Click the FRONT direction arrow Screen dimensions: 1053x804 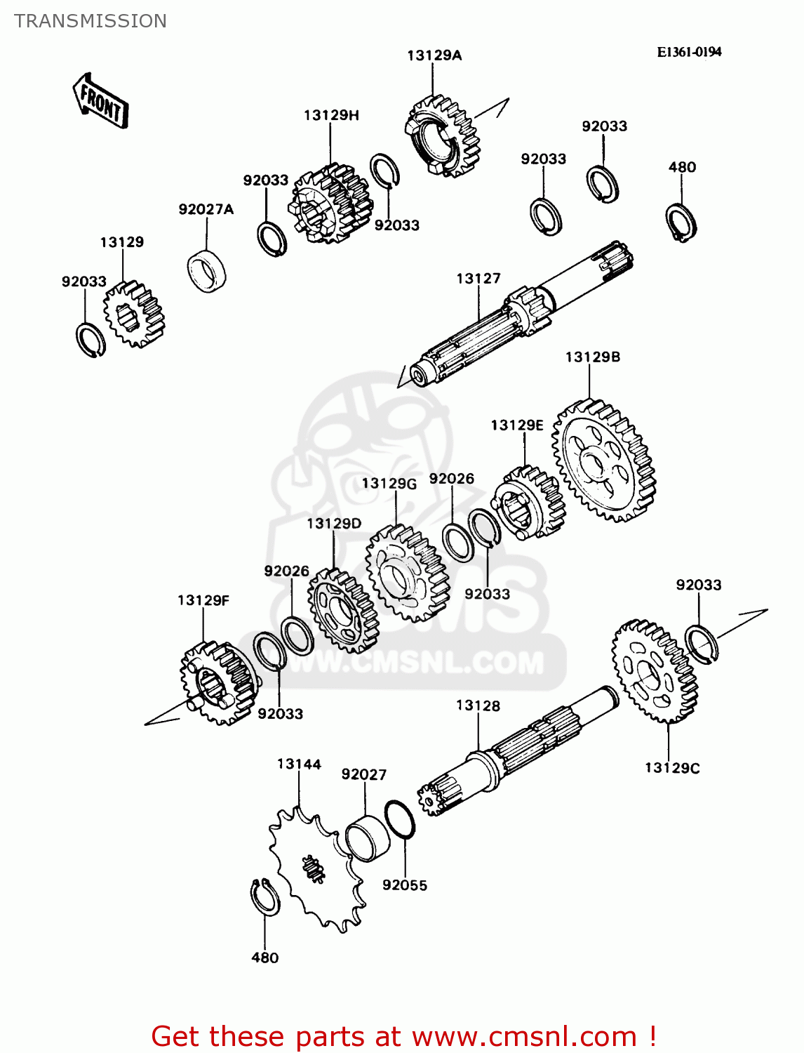click(x=100, y=101)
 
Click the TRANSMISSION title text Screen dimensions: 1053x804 click(x=91, y=21)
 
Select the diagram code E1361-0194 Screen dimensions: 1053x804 click(x=689, y=52)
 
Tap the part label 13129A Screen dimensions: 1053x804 click(x=434, y=55)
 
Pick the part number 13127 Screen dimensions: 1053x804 click(x=478, y=279)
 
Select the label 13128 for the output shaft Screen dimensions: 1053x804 click(x=478, y=706)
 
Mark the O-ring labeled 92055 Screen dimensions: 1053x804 click(x=400, y=819)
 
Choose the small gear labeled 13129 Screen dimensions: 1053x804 click(x=133, y=314)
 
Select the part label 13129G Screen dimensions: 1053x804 click(x=389, y=484)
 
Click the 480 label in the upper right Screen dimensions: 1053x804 click(x=682, y=167)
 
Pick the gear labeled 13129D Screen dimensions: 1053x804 click(x=343, y=609)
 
